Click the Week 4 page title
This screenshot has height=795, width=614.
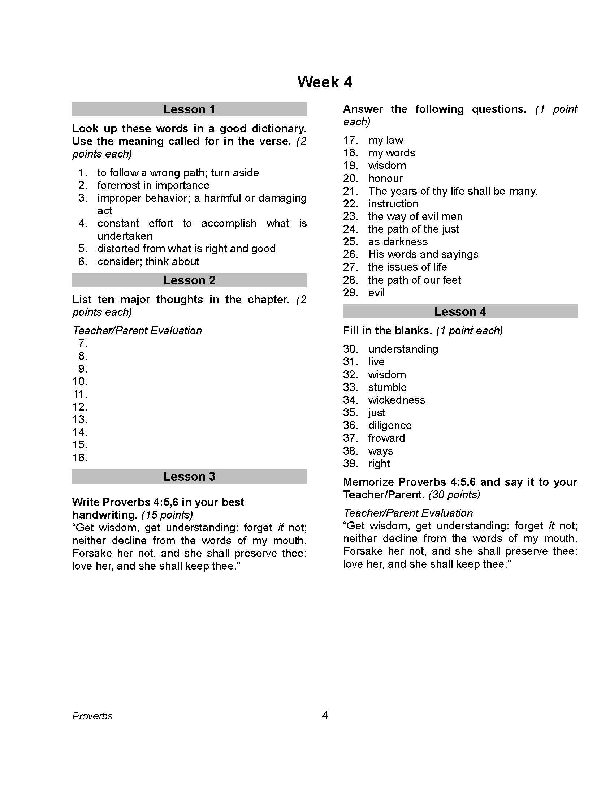pos(324,82)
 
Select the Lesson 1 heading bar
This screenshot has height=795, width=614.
pos(189,109)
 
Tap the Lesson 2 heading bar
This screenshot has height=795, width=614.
pos(189,280)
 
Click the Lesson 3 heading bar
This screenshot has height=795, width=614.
pos(189,477)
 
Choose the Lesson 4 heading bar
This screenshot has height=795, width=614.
pos(460,311)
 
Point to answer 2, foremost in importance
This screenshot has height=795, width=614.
pos(153,185)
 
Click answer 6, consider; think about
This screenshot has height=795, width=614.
pos(148,261)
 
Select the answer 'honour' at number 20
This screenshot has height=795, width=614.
pos(385,179)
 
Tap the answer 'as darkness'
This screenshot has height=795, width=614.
pos(398,242)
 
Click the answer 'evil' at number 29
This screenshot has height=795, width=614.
pos(376,293)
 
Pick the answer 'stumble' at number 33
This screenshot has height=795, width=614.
pos(388,387)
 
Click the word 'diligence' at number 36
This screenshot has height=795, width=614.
pos(390,425)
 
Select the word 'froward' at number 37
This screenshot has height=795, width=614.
pos(386,438)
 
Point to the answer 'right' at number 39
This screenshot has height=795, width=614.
pos(379,463)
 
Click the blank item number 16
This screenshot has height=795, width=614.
pos(80,457)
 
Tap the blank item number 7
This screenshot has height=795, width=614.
pos(83,343)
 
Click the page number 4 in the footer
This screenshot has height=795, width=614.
pos(325,715)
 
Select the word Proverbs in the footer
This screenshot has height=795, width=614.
pos(92,716)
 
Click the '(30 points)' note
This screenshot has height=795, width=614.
pos(454,495)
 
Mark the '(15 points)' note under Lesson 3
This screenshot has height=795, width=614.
pos(167,515)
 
